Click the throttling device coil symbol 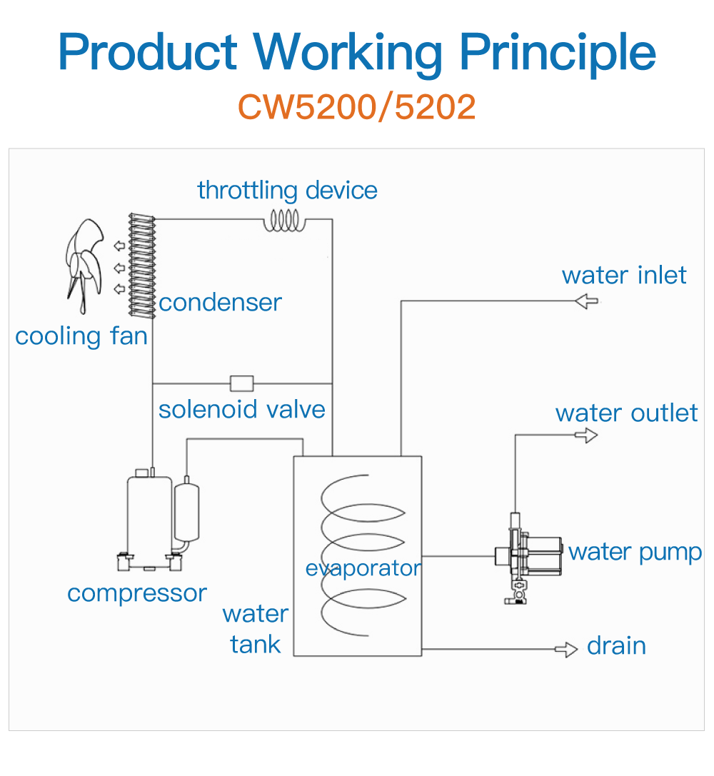coord(285,222)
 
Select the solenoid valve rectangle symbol coord(241,383)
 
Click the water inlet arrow coord(586,301)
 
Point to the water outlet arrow coord(586,434)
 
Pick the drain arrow coord(566,649)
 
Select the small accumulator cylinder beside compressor coord(186,510)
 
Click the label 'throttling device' coord(287,191)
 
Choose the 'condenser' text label coord(220,303)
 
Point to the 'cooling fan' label coord(81,336)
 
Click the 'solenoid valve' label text coord(241,410)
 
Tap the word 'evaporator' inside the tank coord(363,569)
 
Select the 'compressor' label coord(137,593)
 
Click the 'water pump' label coord(635,552)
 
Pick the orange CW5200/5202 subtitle coord(356,106)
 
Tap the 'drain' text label coord(616,646)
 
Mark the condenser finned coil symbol coord(142,265)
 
